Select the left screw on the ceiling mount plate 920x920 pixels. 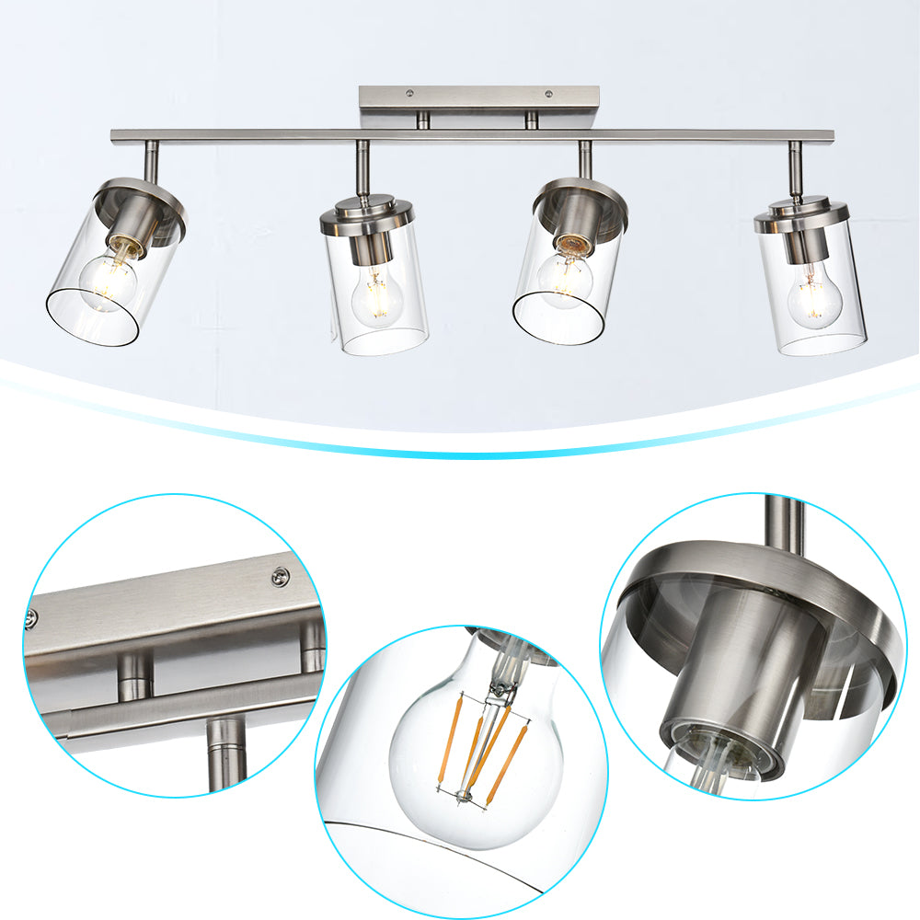point(408,94)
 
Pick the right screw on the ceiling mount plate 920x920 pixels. point(549,94)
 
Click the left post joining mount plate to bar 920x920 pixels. point(423,119)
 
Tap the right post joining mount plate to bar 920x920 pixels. point(531,119)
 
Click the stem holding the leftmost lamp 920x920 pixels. point(152,161)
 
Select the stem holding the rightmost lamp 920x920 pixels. point(794,168)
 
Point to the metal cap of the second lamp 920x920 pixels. point(367,217)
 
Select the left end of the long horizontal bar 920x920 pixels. point(115,136)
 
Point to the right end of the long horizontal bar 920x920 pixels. point(830,136)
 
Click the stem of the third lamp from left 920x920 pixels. point(584,160)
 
